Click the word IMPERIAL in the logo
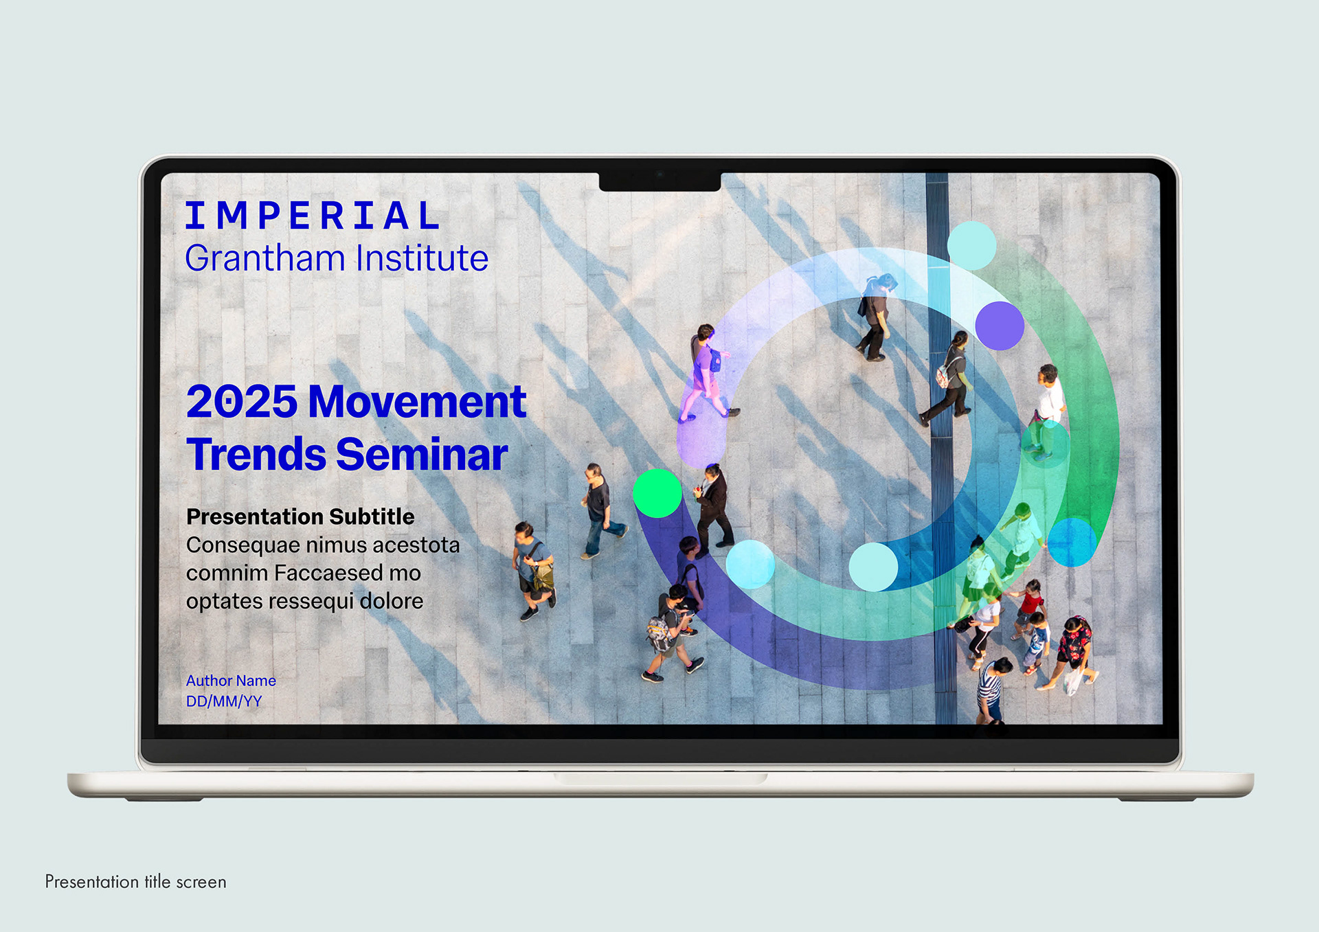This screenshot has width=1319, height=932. tap(313, 216)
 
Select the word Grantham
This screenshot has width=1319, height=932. tap(265, 258)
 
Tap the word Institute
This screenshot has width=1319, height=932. tap(422, 258)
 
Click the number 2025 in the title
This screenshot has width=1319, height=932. tap(241, 402)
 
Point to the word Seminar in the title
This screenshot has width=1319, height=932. tap(422, 455)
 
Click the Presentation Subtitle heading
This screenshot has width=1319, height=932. tap(300, 516)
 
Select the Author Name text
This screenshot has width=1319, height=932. tap(231, 681)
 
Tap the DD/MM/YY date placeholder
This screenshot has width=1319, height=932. tap(224, 701)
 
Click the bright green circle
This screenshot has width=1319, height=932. tap(657, 493)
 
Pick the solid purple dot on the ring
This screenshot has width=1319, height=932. tap(1000, 326)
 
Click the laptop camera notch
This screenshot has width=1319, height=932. tap(659, 181)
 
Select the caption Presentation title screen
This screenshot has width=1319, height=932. tap(135, 882)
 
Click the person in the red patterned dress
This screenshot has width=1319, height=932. tap(1072, 652)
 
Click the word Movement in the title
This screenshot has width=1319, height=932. tap(418, 402)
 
